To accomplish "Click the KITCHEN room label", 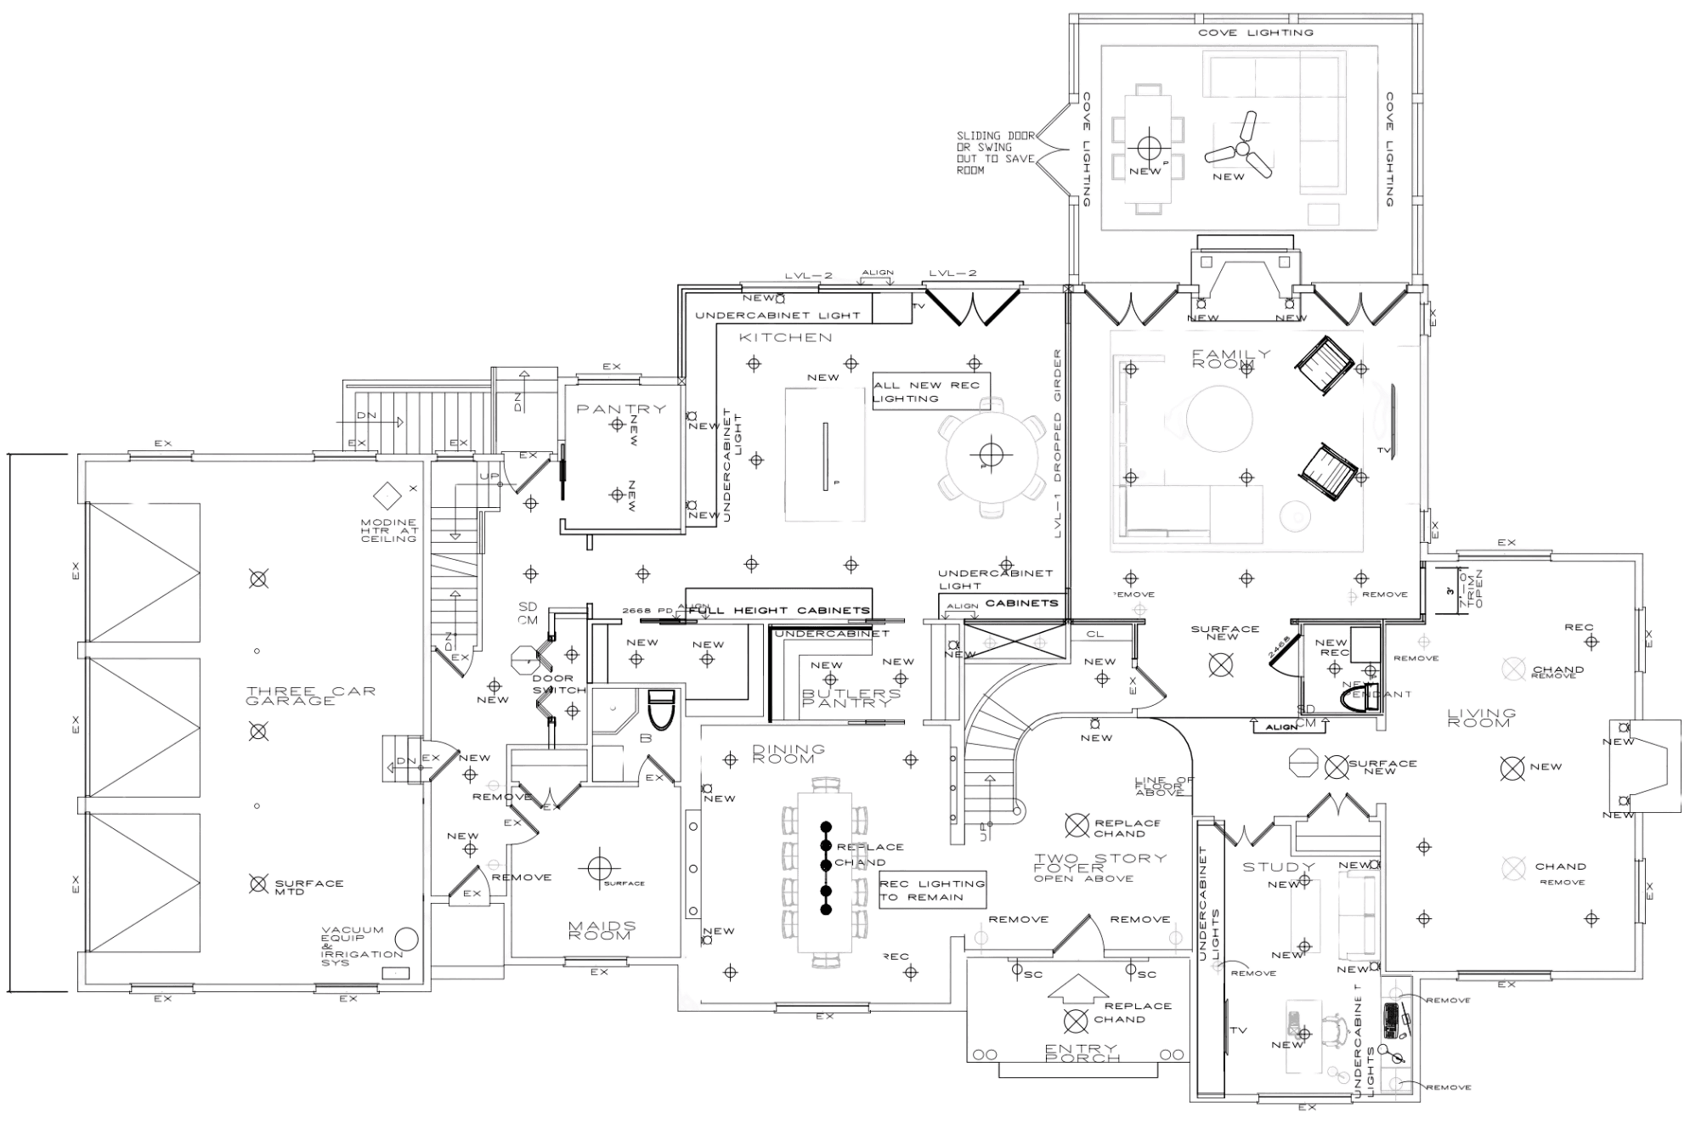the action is (785, 338).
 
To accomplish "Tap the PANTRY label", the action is (622, 409).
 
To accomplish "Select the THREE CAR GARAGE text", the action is (289, 695).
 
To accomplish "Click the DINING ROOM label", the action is (788, 753).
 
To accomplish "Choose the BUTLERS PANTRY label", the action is (848, 697).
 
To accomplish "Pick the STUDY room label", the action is (1279, 867).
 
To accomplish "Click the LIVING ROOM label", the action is (1479, 717).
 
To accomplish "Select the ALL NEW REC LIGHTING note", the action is (930, 392).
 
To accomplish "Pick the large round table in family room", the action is (1219, 419).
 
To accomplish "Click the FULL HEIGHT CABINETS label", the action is (779, 611).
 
